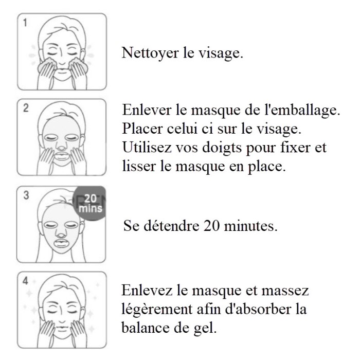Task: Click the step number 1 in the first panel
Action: pos(25,23)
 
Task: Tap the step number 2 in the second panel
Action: pos(26,108)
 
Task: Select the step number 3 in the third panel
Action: pos(26,195)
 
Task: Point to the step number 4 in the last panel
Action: pos(25,281)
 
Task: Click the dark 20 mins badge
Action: pos(90,203)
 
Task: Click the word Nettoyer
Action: pos(150,53)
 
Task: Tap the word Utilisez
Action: pos(147,147)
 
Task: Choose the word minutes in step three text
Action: pos(250,226)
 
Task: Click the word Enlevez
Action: pos(147,290)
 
